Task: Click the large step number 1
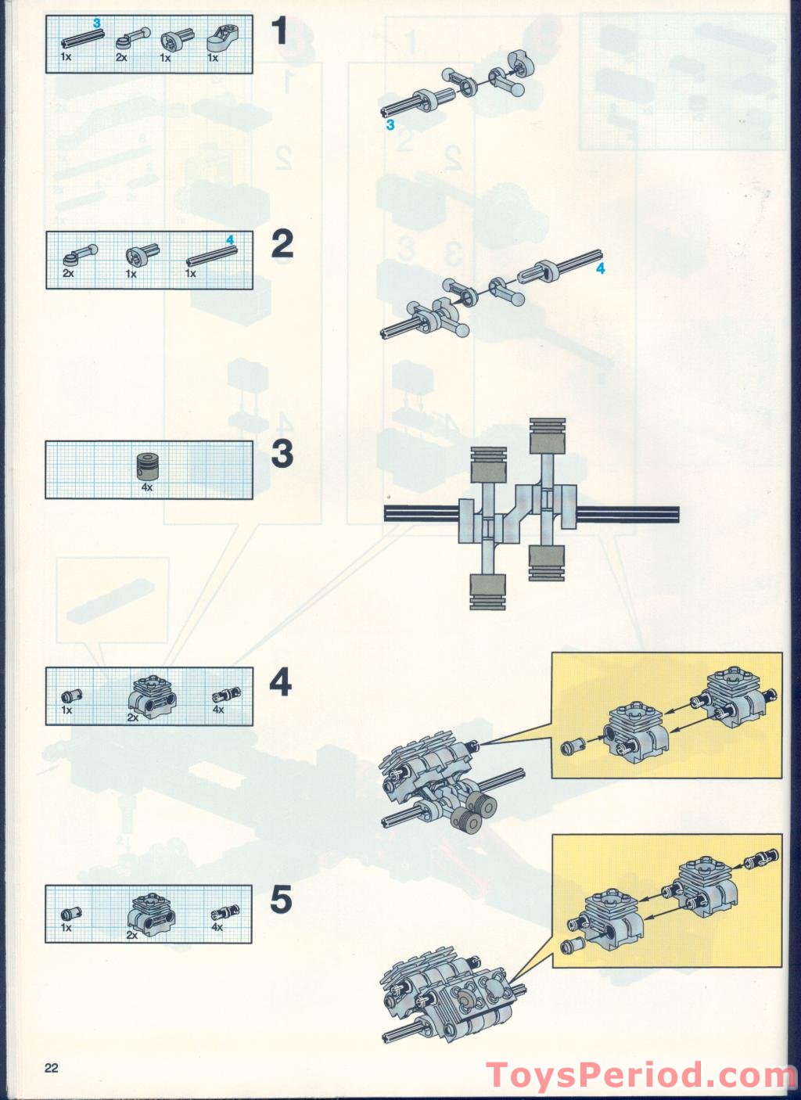pos(280,31)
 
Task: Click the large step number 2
pos(282,245)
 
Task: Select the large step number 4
pos(280,682)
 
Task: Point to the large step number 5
pos(281,900)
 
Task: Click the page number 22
pos(51,1064)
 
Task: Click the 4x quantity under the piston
pos(147,487)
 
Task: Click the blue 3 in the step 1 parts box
pos(97,23)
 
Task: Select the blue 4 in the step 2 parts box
pos(230,240)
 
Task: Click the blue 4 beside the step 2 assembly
pos(600,268)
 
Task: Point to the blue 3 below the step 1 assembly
pos(390,125)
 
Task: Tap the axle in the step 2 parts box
pos(212,257)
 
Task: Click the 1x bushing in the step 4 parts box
pos(72,696)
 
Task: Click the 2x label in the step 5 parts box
pos(131,936)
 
